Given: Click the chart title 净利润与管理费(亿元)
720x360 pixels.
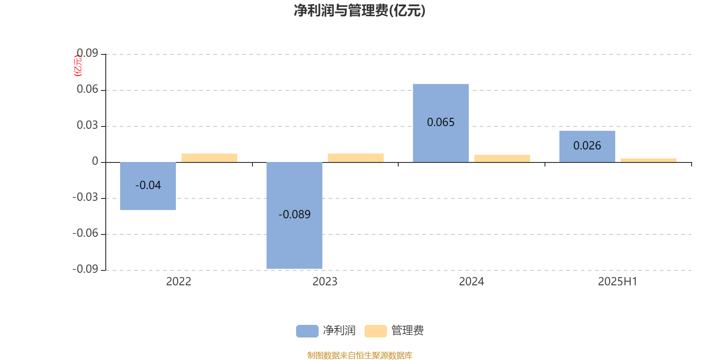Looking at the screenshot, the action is (x=360, y=11).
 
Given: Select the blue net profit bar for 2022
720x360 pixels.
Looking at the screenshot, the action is (x=148, y=186).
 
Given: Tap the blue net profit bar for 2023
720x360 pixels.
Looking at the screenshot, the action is (x=294, y=216).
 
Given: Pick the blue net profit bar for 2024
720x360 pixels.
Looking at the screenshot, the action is (x=441, y=123).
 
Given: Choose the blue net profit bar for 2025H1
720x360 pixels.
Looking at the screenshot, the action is (x=587, y=147).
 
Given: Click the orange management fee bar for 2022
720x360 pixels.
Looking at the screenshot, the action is (x=209, y=158).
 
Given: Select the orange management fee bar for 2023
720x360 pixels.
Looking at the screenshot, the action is (x=356, y=158).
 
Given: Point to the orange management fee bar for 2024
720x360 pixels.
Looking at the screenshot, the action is (x=502, y=158).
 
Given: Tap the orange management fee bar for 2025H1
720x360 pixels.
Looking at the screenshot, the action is (x=648, y=160).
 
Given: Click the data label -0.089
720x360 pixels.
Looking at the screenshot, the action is (x=294, y=214).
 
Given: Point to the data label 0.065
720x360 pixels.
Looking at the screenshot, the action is (x=441, y=122).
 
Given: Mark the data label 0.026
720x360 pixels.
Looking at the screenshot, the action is (x=587, y=146).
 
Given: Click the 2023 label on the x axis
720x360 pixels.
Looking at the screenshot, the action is (x=325, y=282).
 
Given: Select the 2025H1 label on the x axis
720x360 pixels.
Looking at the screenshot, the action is (x=617, y=282).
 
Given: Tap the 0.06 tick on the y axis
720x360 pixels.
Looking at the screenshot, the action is (x=87, y=89).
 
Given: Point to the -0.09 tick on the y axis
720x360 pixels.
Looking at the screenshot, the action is (x=85, y=269).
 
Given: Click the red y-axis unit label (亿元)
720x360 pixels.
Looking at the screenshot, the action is (x=78, y=66).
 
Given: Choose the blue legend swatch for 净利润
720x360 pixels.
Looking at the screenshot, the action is (x=307, y=331).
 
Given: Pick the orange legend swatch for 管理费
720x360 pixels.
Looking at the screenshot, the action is (x=375, y=331).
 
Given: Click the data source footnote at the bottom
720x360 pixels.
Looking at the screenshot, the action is (x=360, y=355).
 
